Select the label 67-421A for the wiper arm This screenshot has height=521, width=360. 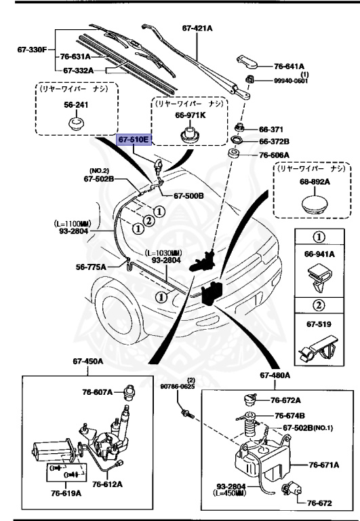(198, 28)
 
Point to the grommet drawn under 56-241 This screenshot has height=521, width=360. (75, 124)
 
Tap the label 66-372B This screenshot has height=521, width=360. (274, 142)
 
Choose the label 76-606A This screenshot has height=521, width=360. (274, 155)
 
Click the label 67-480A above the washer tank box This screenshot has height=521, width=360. (274, 375)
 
